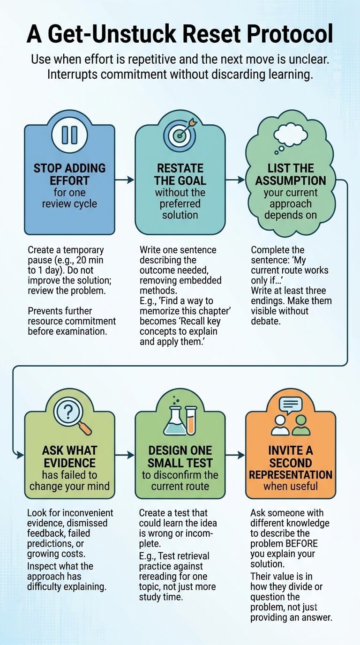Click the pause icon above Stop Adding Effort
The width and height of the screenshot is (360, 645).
[x=69, y=135]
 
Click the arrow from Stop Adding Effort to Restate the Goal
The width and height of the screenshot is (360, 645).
[x=124, y=180]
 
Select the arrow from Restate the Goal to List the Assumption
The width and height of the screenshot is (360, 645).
[x=235, y=180]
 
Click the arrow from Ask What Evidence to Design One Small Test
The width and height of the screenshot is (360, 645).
[x=124, y=455]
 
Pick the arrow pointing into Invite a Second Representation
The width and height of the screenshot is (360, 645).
[x=235, y=455]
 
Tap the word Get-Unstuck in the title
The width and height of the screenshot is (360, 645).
[x=112, y=34]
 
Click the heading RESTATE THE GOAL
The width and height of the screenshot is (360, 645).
[x=180, y=174]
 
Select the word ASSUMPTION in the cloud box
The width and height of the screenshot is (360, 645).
[x=291, y=180]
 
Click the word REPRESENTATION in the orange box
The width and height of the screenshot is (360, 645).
[x=291, y=474]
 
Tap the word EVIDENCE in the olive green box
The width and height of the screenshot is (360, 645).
[x=69, y=463]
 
